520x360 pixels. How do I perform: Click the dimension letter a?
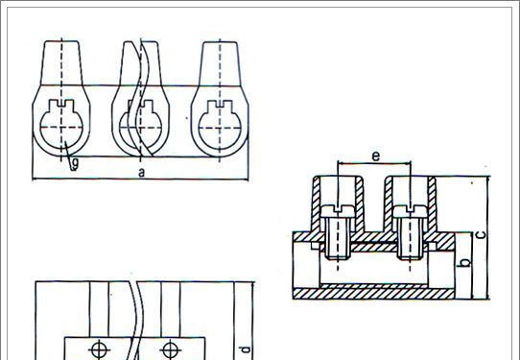[x=142, y=173]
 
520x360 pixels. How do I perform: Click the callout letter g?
[x=75, y=164]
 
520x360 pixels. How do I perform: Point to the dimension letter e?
[x=375, y=156]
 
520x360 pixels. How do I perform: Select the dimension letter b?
[x=465, y=262]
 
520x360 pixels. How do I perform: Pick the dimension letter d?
[x=245, y=349]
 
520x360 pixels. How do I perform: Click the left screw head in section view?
[x=338, y=211]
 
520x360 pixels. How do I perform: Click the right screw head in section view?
[x=411, y=211]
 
